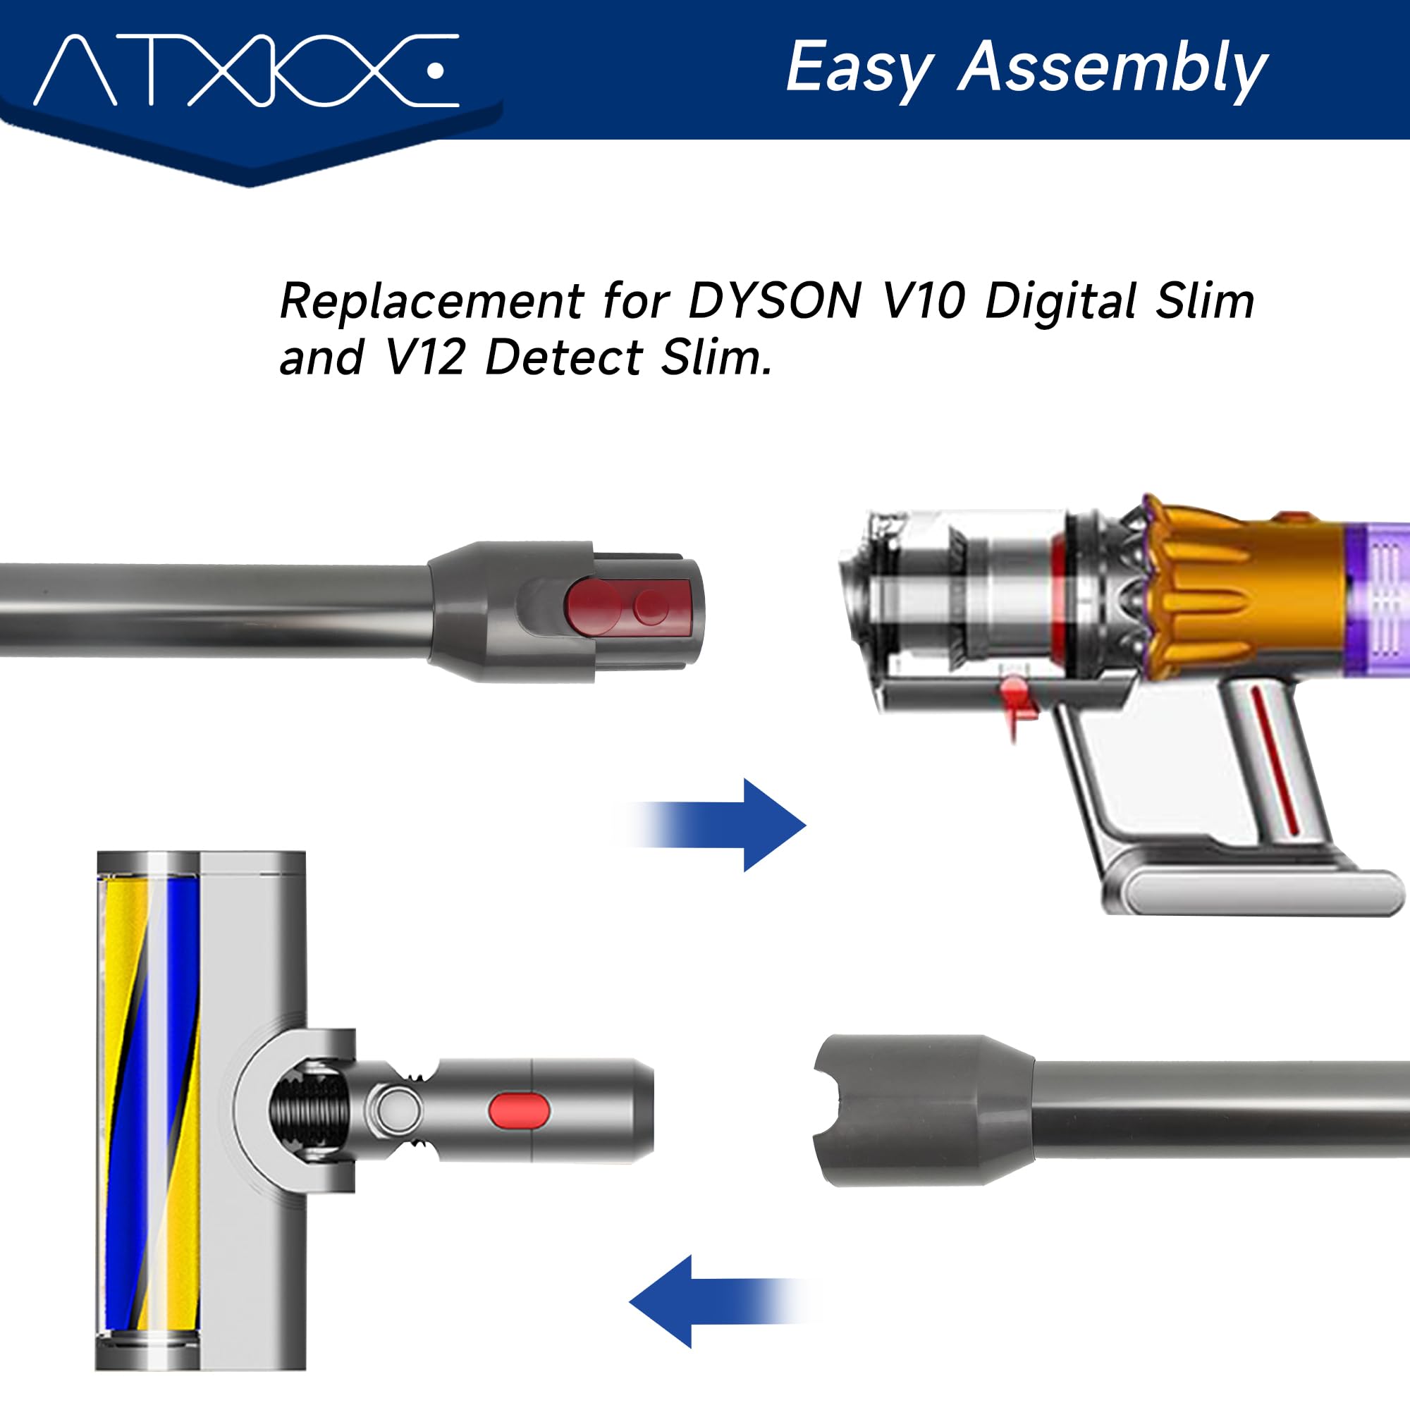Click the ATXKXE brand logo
[246, 70]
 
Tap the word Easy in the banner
[859, 69]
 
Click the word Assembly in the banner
[1112, 69]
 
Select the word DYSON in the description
[774, 301]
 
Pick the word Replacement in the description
[431, 301]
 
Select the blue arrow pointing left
[701, 1301]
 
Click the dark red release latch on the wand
[626, 605]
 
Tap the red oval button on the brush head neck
[519, 1110]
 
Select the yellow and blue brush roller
[149, 1109]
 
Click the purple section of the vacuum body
[1375, 599]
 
